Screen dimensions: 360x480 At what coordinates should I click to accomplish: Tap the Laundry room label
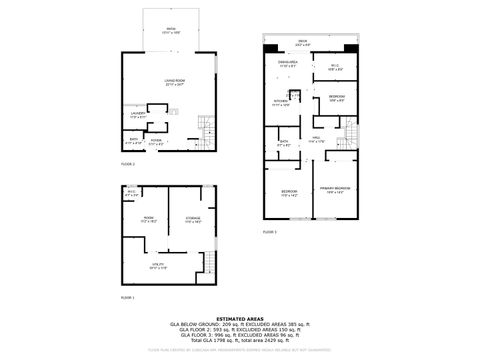click(x=137, y=116)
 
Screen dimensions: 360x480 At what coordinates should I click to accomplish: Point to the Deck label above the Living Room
click(x=171, y=31)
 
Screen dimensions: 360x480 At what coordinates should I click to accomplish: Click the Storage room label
click(x=194, y=220)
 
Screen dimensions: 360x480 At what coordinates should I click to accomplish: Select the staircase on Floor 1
click(x=209, y=263)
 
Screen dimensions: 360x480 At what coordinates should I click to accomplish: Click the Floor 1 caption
click(x=127, y=298)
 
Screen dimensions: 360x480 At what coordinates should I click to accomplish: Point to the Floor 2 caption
click(x=127, y=162)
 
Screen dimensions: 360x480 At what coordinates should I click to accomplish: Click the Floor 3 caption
click(x=269, y=231)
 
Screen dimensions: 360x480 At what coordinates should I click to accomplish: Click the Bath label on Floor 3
click(x=285, y=143)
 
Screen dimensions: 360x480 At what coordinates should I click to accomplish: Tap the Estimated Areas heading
click(x=240, y=319)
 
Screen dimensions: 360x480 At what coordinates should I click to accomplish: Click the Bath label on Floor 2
click(x=135, y=142)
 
